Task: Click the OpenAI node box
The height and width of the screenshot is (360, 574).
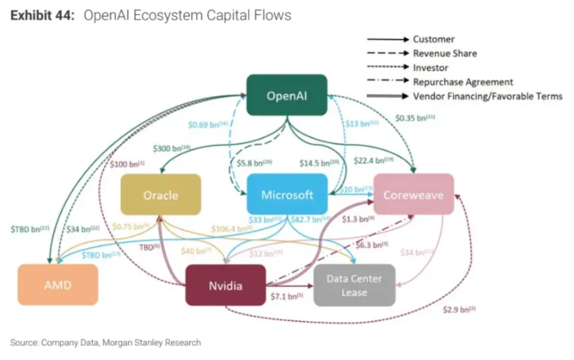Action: (x=287, y=95)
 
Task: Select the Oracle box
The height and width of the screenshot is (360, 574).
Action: (x=160, y=195)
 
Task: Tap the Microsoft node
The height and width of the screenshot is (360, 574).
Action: (x=287, y=195)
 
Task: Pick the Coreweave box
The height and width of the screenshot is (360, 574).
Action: (x=413, y=195)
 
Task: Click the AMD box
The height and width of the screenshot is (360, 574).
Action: (x=57, y=285)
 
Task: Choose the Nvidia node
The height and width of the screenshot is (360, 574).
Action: (x=225, y=285)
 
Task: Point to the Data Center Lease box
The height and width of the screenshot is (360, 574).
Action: (x=354, y=285)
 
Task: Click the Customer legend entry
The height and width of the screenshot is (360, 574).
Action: (x=433, y=39)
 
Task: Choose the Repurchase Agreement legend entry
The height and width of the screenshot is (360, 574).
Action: (x=463, y=82)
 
